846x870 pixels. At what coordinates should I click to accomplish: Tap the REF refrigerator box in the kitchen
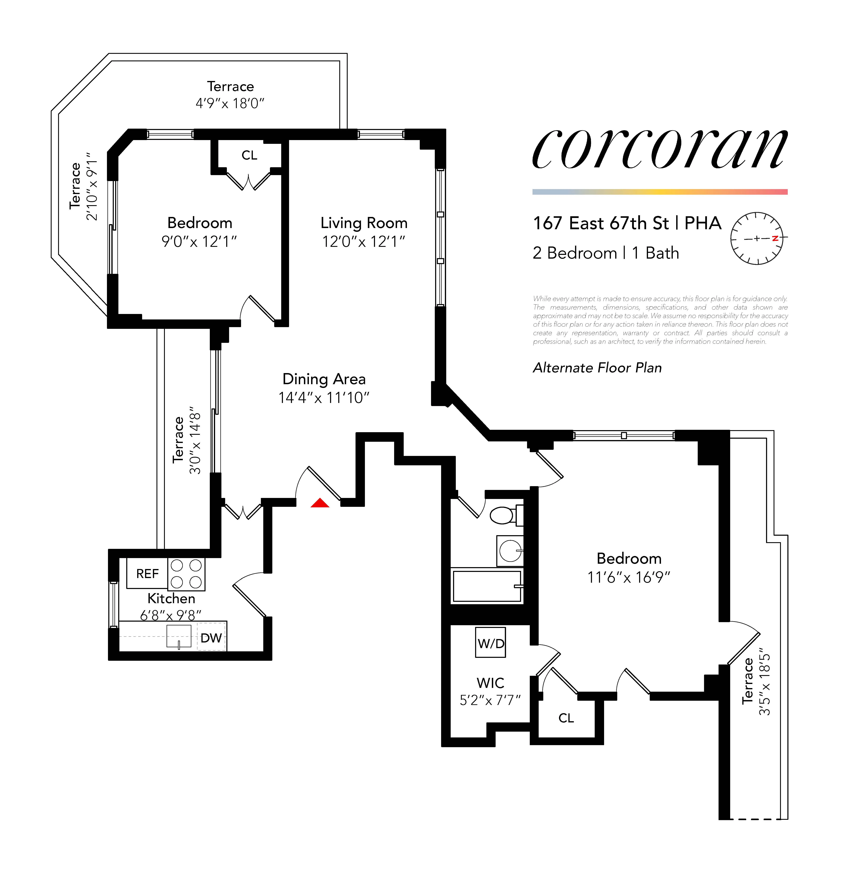(147, 574)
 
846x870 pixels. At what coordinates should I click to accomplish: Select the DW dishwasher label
(211, 638)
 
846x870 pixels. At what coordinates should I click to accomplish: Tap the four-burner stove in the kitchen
(186, 574)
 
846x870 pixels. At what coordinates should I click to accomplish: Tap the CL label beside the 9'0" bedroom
(249, 155)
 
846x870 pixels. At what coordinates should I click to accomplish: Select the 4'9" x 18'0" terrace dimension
(230, 104)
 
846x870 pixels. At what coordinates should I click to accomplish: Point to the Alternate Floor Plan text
(597, 368)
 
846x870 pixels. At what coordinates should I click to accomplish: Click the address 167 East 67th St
(601, 223)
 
